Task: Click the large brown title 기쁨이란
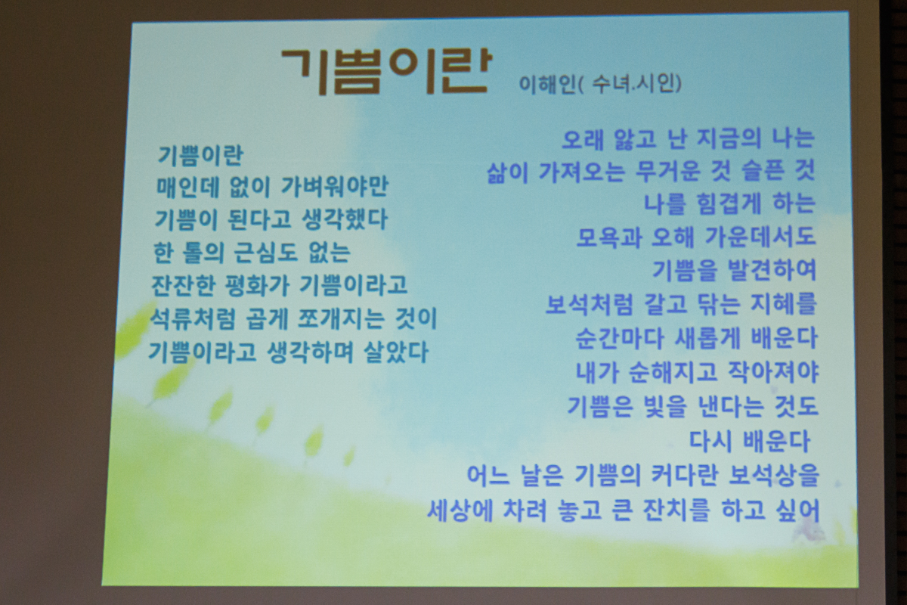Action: click(x=387, y=72)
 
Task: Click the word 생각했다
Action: click(x=345, y=219)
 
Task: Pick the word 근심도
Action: click(x=265, y=252)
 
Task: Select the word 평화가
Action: click(x=256, y=285)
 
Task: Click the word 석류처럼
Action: click(x=192, y=318)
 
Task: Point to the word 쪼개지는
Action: click(x=341, y=318)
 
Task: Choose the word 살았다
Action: click(x=396, y=352)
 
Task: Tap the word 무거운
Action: click(x=668, y=172)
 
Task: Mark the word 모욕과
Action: click(x=609, y=237)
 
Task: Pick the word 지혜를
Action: click(x=783, y=304)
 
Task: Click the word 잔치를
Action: click(x=676, y=510)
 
